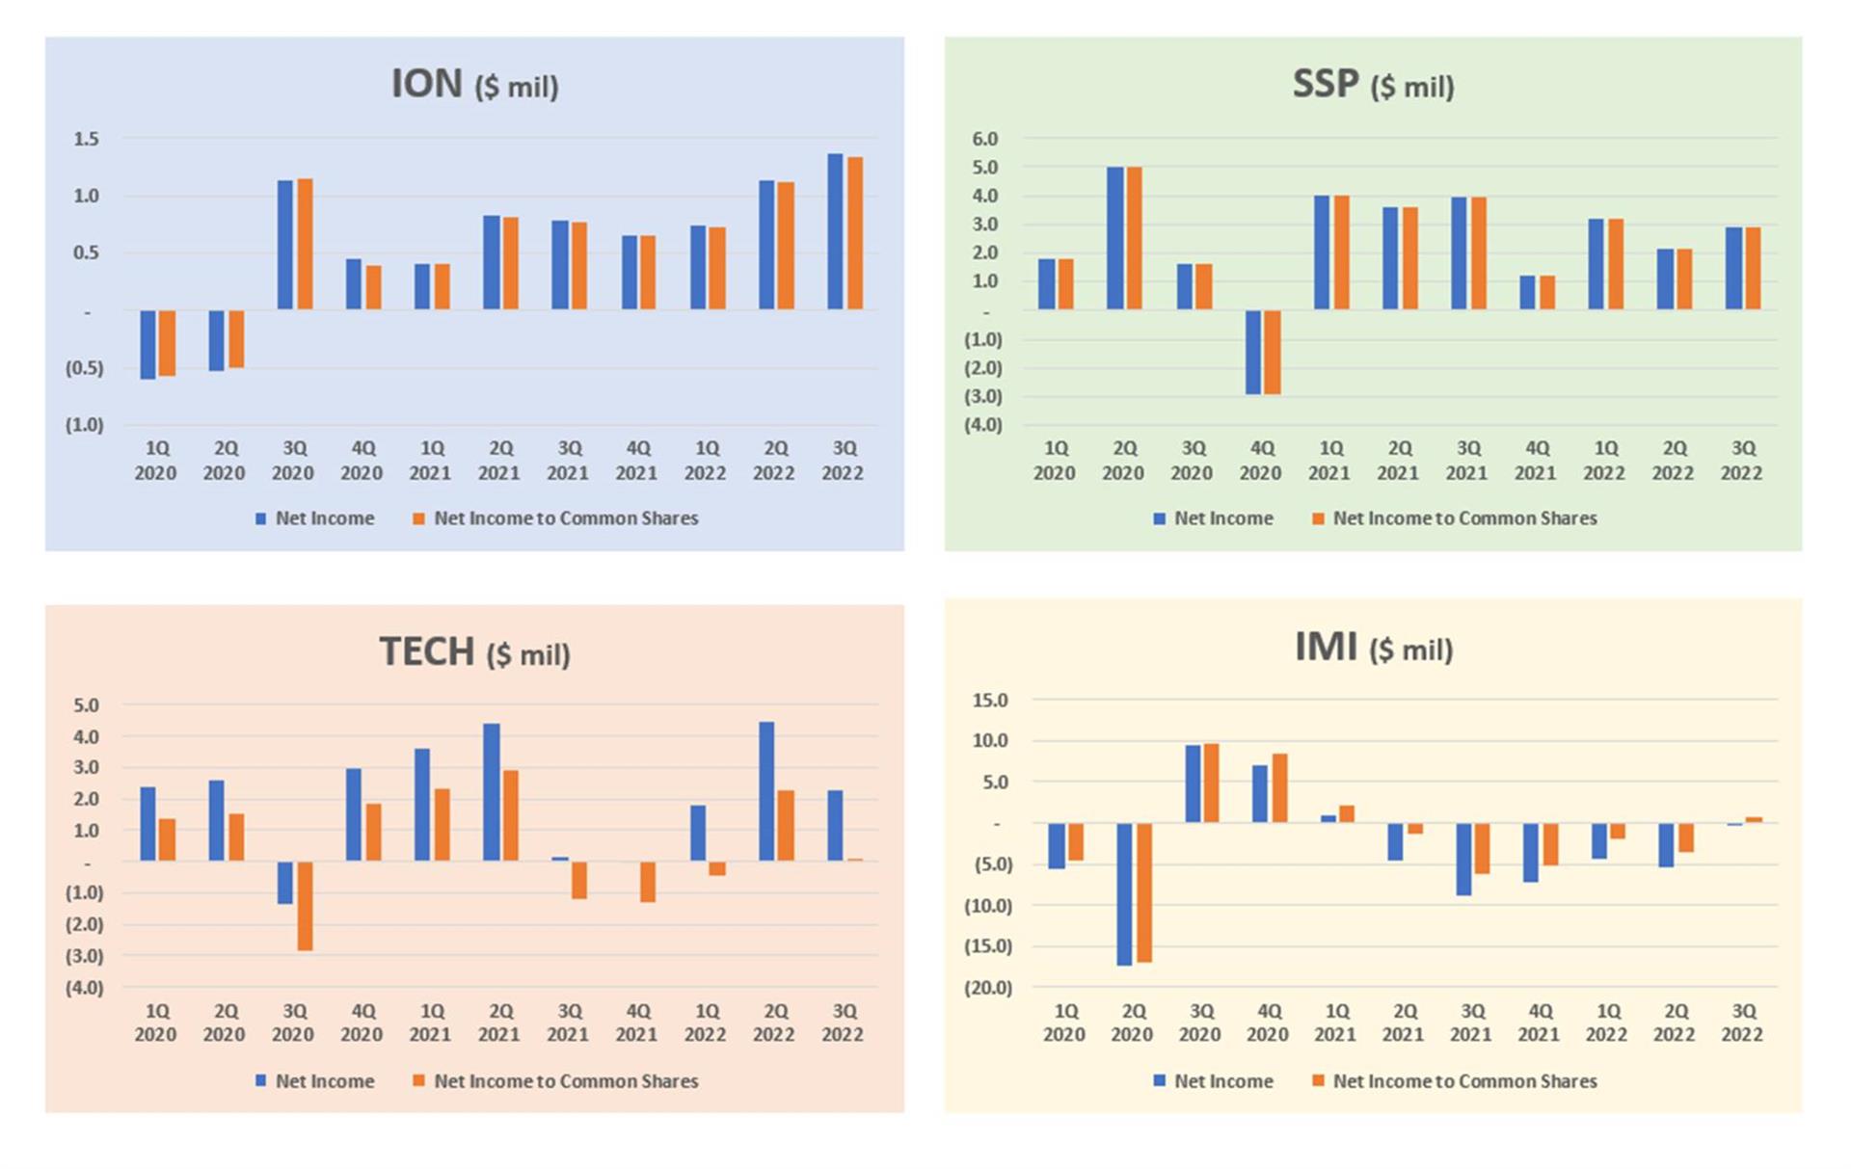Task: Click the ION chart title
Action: (473, 85)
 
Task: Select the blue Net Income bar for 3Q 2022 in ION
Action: (835, 231)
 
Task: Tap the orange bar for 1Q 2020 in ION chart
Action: (168, 343)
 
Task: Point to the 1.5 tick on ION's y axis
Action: (86, 139)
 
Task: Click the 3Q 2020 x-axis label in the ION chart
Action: (293, 461)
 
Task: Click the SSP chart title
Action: (1372, 85)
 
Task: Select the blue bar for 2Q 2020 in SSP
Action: (1115, 238)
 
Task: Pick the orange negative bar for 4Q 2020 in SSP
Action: (1273, 352)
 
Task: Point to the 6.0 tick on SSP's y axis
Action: (984, 139)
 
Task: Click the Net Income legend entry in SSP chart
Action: (1214, 518)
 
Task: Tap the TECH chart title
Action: (473, 652)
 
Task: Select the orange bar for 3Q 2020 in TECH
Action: (305, 906)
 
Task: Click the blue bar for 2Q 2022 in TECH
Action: (766, 791)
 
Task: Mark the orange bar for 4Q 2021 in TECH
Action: (648, 882)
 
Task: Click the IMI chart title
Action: (1372, 648)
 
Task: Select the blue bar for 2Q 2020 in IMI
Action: (1124, 894)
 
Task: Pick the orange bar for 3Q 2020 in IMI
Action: (1212, 783)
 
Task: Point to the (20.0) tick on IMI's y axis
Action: (987, 988)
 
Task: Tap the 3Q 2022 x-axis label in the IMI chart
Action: (1742, 1023)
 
